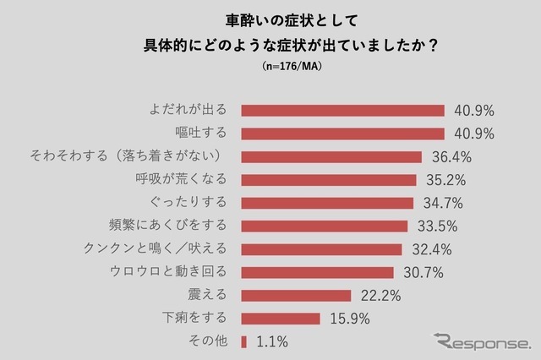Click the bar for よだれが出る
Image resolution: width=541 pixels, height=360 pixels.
[342, 110]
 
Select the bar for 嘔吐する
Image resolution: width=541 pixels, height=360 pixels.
[342, 134]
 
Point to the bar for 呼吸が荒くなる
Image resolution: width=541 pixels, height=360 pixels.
[329, 180]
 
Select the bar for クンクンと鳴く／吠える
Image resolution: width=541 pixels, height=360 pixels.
[321, 249]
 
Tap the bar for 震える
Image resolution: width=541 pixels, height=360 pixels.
[296, 296]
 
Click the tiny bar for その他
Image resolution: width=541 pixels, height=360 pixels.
[243, 341]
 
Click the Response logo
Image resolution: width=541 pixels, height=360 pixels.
[483, 341]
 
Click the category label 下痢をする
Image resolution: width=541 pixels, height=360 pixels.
[194, 319]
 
